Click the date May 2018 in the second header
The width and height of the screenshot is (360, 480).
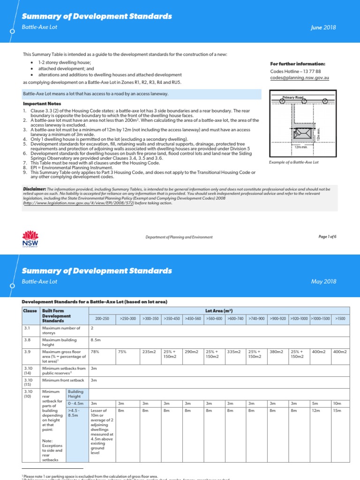(x=324, y=282)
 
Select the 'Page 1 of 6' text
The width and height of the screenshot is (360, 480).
(x=327, y=237)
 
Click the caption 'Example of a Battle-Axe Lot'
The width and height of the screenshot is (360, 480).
(x=294, y=162)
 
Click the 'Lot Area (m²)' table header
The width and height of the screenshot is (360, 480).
(x=219, y=311)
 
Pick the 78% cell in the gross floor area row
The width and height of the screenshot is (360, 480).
(x=96, y=351)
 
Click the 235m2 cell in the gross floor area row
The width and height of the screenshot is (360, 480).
(x=149, y=351)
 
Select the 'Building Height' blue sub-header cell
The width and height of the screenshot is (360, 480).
(x=76, y=394)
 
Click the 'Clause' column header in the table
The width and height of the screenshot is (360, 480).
(x=30, y=311)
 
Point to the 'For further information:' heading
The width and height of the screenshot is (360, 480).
(x=298, y=64)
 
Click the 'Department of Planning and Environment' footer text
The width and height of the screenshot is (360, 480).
(x=180, y=237)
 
